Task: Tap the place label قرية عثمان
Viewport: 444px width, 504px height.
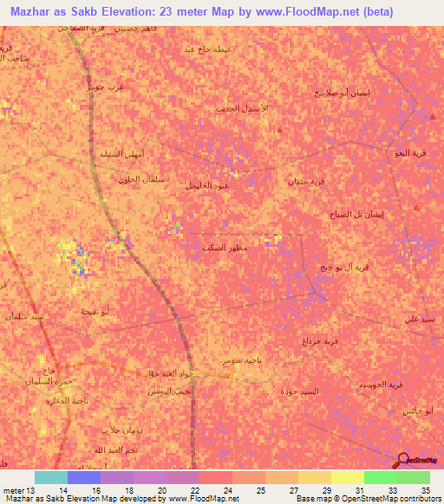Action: coord(306,182)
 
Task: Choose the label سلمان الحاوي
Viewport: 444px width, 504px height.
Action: coord(135,179)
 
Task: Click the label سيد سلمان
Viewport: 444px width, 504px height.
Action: coord(23,318)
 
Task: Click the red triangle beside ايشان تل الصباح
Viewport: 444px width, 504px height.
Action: coord(416,208)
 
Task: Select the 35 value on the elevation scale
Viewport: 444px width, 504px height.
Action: coord(425,489)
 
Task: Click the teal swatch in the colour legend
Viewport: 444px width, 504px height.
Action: coord(51,477)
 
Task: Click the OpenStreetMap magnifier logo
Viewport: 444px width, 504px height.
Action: coord(402,460)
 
